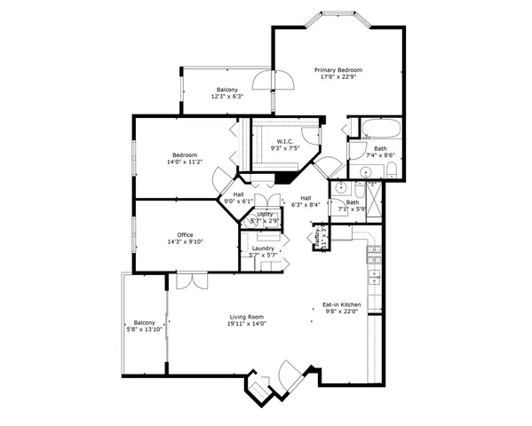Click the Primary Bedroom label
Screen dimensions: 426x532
click(337, 68)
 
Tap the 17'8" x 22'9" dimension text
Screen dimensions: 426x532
click(337, 76)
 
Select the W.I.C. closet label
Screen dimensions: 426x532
click(284, 141)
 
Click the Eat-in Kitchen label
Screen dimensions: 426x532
click(341, 304)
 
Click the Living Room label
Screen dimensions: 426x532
click(247, 316)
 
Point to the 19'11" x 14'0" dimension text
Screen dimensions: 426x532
click(247, 324)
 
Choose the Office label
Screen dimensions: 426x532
click(185, 234)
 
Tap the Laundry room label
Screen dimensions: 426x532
click(263, 248)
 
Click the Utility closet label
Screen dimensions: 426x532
click(265, 214)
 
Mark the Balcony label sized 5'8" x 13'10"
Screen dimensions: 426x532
click(144, 322)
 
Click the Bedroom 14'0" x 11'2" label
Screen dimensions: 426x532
click(185, 154)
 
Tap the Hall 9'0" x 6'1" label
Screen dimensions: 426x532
click(238, 193)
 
